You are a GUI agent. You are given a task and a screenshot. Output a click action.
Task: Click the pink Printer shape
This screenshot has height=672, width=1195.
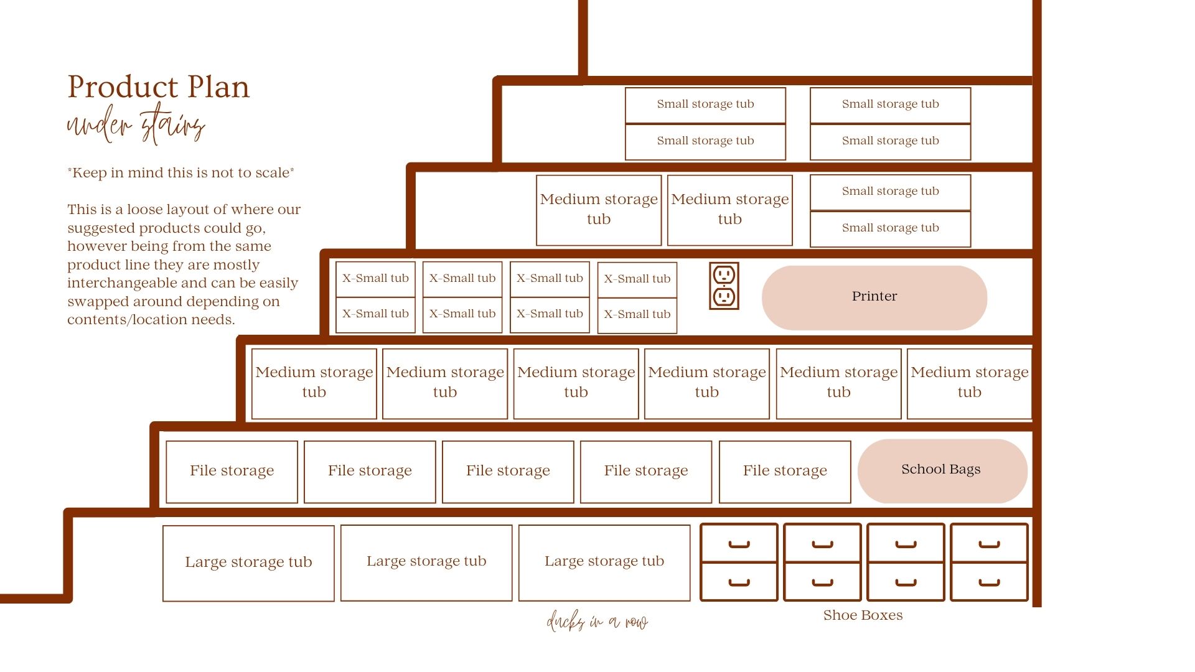pyautogui.click(x=874, y=297)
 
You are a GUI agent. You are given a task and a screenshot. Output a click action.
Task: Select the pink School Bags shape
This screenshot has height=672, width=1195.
pyautogui.click(x=942, y=471)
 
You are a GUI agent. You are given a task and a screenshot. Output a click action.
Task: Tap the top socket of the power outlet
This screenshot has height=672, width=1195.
pyautogui.click(x=724, y=274)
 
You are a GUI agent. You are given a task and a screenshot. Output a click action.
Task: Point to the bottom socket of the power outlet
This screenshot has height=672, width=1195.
pyautogui.click(x=724, y=297)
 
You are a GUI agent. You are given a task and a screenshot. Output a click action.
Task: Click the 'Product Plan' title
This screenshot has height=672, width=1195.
pyautogui.click(x=158, y=86)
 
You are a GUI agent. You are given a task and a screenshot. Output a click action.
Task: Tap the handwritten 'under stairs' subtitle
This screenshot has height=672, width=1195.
pyautogui.click(x=136, y=124)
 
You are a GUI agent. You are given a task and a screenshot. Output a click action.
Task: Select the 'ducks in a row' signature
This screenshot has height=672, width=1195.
pyautogui.click(x=597, y=621)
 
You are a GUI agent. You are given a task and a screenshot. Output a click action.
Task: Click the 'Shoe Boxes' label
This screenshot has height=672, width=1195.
pyautogui.click(x=863, y=615)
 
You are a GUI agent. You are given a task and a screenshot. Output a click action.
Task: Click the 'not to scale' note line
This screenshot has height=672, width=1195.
pyautogui.click(x=180, y=172)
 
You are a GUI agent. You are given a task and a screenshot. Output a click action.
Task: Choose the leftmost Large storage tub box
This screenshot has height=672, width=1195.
pyautogui.click(x=248, y=563)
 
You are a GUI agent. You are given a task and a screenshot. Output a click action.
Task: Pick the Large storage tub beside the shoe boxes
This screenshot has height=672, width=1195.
pyautogui.click(x=604, y=562)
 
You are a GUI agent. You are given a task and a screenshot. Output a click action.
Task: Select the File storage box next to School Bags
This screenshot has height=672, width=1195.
pyautogui.click(x=785, y=472)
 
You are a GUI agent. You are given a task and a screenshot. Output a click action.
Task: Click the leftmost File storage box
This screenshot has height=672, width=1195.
pyautogui.click(x=232, y=472)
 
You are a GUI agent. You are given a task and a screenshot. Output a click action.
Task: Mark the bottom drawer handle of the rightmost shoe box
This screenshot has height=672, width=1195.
pyautogui.click(x=989, y=583)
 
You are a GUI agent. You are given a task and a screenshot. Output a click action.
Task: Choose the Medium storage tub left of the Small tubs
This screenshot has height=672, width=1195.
pyautogui.click(x=729, y=210)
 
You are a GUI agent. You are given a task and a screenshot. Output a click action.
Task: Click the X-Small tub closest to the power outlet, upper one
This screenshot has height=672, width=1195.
pyautogui.click(x=637, y=279)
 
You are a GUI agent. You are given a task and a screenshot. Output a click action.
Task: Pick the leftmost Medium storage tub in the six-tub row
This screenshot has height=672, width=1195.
pyautogui.click(x=314, y=383)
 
